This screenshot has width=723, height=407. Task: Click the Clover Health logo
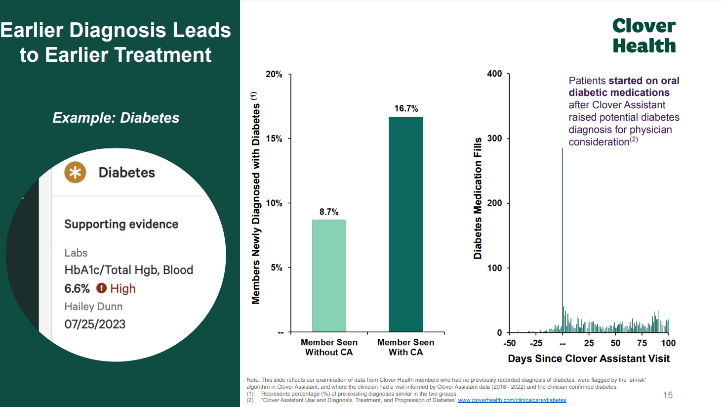coord(644,36)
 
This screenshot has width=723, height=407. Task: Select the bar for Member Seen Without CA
coord(329,275)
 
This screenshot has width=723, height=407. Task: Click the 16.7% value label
coord(406,108)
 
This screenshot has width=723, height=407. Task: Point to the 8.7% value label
coord(329,212)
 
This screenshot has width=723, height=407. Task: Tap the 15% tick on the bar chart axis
coord(274,138)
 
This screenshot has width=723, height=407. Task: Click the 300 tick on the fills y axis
coord(494,138)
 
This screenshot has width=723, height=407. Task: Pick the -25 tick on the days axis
coord(536,343)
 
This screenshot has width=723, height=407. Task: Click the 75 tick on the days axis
coord(642,343)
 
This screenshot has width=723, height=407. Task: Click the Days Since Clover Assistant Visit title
coord(589,359)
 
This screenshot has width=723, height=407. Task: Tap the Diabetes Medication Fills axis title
coord(478,198)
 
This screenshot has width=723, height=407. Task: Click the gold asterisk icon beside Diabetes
coord(75,173)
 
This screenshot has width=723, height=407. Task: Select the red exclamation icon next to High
coord(101,288)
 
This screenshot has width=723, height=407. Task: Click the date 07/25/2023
coord(95,324)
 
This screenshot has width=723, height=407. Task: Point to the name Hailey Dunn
coord(93,307)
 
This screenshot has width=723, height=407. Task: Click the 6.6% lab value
coord(77,288)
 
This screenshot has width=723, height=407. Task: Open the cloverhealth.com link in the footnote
coord(512,400)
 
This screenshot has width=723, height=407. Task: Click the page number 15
coord(668,395)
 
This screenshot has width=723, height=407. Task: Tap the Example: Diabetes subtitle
coord(116,118)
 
